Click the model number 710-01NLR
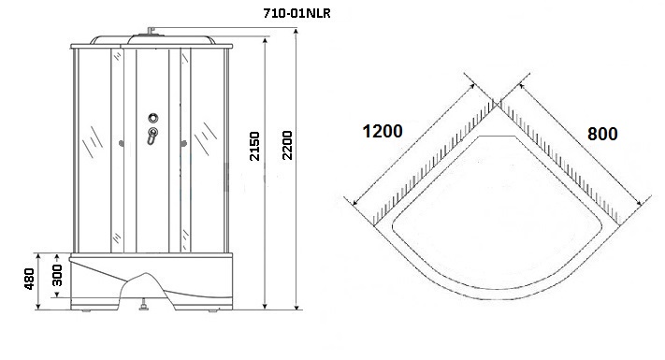[x=296, y=13]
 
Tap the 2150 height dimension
[x=254, y=146]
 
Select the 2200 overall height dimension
[x=287, y=145]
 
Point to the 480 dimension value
[x=29, y=279]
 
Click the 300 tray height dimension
[x=57, y=275]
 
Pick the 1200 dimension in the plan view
[x=383, y=131]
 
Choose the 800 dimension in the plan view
[x=602, y=134]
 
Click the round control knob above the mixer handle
[x=153, y=118]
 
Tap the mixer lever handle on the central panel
[x=152, y=136]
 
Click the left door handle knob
[x=122, y=144]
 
